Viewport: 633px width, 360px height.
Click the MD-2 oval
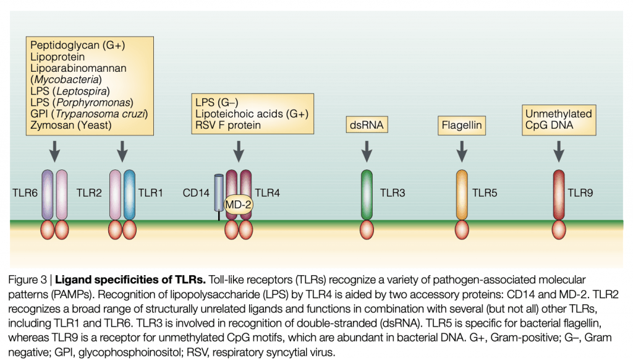click(x=238, y=204)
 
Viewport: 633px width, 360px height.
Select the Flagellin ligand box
click(x=461, y=126)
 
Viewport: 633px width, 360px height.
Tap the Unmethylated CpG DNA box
click(x=559, y=119)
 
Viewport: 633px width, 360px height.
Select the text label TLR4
click(x=267, y=193)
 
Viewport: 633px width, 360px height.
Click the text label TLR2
click(x=89, y=193)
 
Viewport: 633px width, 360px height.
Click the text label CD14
click(x=196, y=193)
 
